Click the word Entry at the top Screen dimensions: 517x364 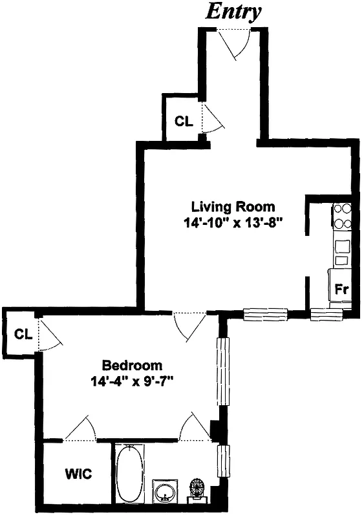pos(233,11)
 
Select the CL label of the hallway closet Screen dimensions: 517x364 pos(184,121)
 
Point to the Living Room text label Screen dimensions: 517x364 pos(233,207)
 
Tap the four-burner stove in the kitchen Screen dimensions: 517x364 pos(342,216)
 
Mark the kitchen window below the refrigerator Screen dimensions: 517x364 pos(326,315)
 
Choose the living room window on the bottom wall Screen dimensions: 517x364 pos(265,315)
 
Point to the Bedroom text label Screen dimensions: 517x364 pos(132,365)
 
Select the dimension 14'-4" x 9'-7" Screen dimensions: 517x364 pos(132,381)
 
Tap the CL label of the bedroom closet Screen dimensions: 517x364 pos(23,334)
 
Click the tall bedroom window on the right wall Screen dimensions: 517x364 pos(223,372)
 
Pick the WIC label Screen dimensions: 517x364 pos(78,474)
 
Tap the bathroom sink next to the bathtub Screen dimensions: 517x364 pos(165,491)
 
